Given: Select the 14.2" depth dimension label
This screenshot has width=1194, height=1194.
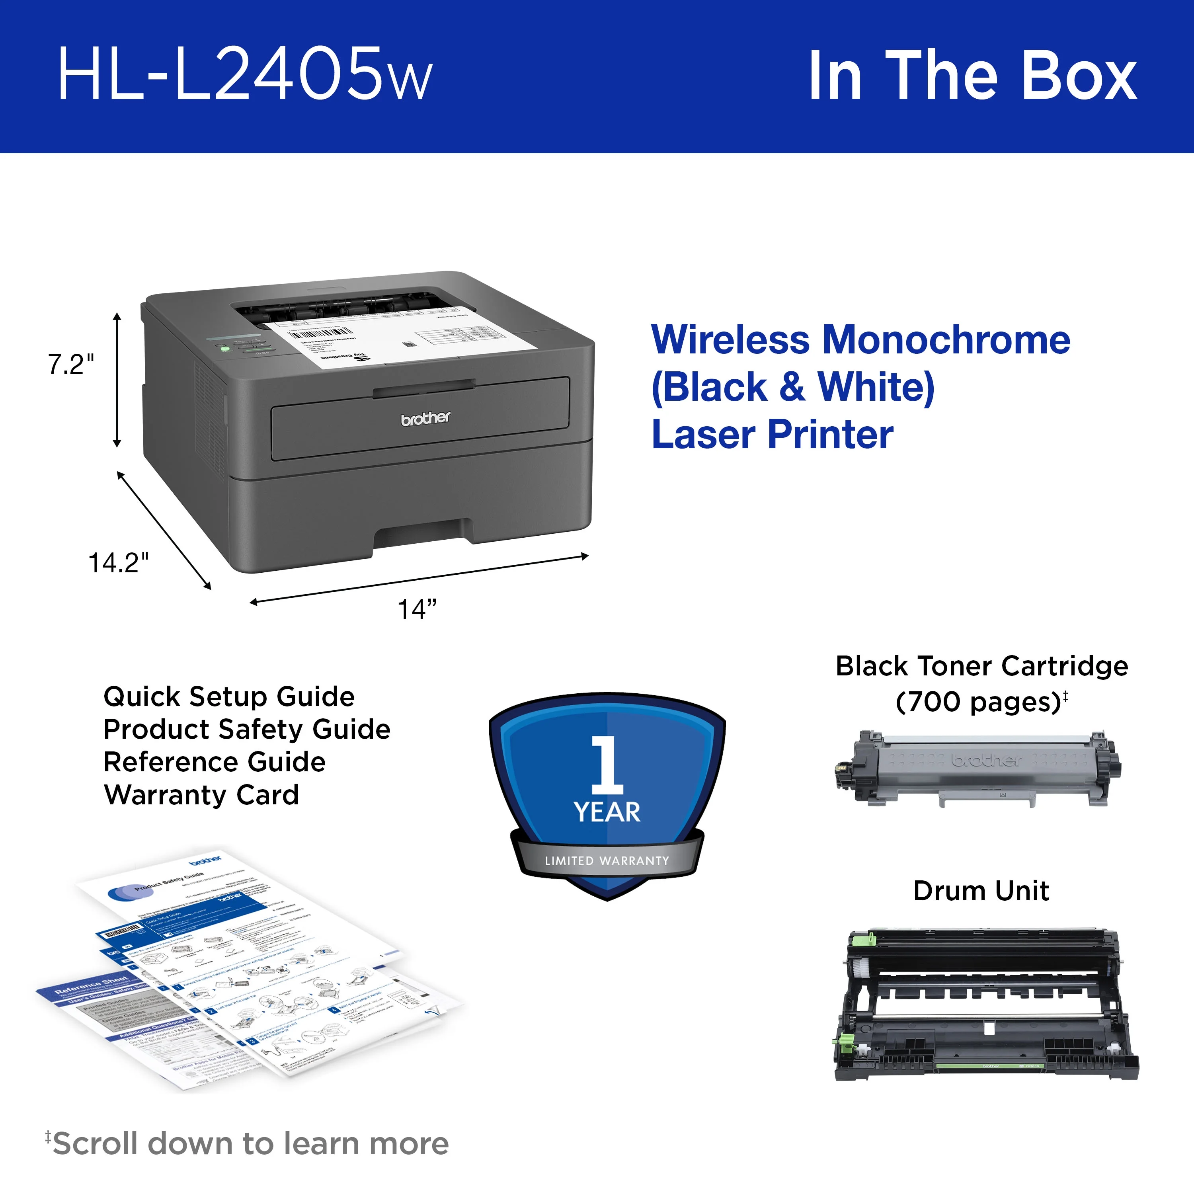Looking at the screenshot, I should (118, 562).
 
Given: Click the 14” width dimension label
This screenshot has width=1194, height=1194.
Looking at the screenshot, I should (417, 609).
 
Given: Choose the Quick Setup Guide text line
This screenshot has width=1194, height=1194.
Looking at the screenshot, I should (229, 696).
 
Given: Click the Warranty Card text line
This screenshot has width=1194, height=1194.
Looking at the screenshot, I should (201, 795).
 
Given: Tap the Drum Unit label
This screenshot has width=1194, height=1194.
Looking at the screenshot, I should (981, 891).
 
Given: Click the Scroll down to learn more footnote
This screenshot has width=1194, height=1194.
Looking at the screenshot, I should (247, 1143).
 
